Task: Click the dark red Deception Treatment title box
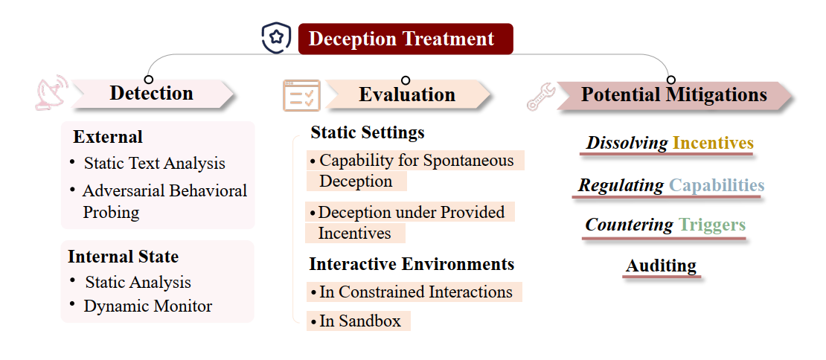[x=406, y=39]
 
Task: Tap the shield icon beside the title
[x=277, y=37]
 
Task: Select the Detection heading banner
[x=153, y=94]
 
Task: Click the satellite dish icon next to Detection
[x=51, y=93]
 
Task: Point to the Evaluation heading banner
[x=408, y=94]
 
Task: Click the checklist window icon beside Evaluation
[x=302, y=95]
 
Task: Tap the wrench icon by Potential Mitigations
[x=541, y=96]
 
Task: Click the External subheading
[x=108, y=137]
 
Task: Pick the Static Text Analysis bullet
[x=154, y=163]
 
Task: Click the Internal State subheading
[x=124, y=257]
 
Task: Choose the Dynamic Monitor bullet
[x=148, y=306]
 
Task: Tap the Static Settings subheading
[x=368, y=132]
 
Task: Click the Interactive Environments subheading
[x=412, y=264]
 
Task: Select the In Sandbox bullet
[x=358, y=321]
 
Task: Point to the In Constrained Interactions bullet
[x=414, y=292]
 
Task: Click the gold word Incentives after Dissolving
[x=714, y=143]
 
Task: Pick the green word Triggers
[x=712, y=225]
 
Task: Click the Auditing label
[x=661, y=266]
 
